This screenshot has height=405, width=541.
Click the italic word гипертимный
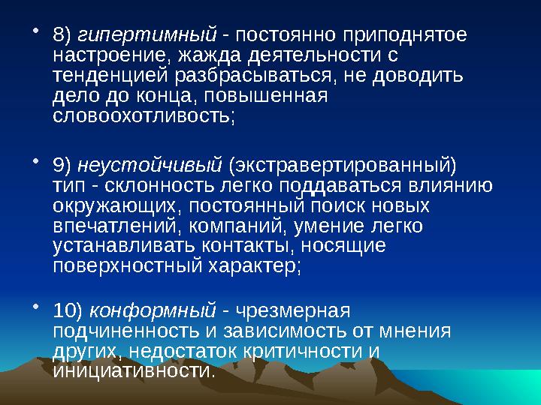coord(148,35)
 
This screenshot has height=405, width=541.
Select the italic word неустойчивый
coord(150,164)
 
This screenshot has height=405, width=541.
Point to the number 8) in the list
coord(63,35)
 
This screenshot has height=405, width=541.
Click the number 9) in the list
coord(63,164)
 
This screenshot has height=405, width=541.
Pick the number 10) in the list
coord(69,310)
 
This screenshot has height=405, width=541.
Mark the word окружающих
coord(118,205)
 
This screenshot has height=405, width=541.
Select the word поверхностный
coord(139,266)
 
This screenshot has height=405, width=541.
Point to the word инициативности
coord(134,370)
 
